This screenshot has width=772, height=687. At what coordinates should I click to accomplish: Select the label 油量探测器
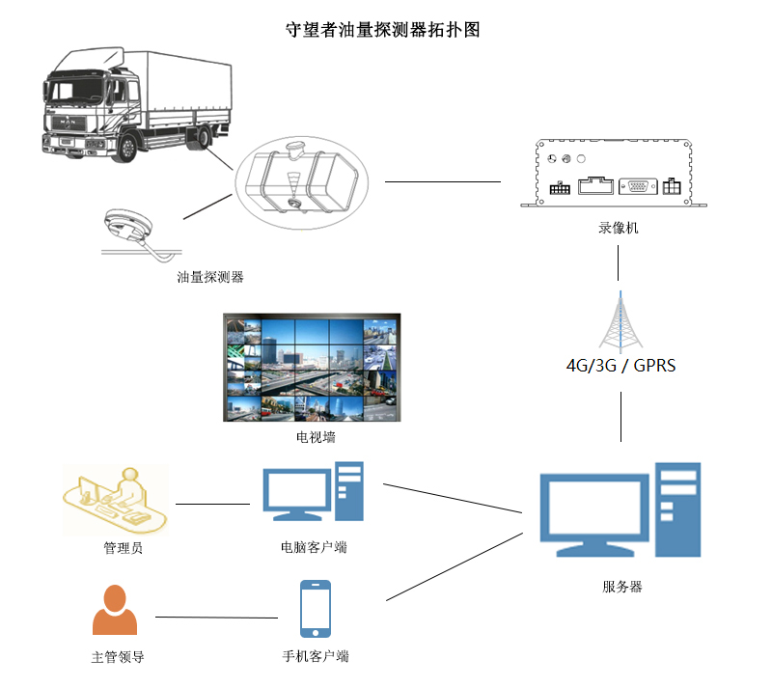click(x=210, y=277)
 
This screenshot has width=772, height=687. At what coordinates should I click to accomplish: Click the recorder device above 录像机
click(x=613, y=173)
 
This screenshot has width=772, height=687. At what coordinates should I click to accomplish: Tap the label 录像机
click(x=618, y=229)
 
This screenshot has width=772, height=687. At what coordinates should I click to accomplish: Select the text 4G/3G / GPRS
click(x=620, y=366)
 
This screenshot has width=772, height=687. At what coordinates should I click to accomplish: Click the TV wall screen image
click(x=312, y=368)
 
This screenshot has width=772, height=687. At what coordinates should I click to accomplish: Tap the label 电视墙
click(x=316, y=437)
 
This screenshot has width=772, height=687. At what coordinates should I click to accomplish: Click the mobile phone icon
click(x=316, y=609)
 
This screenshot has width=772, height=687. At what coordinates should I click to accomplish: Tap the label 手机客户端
click(x=316, y=657)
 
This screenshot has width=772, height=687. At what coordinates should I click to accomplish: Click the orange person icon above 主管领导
click(x=115, y=611)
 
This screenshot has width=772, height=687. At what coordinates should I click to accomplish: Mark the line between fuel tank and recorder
click(x=443, y=180)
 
